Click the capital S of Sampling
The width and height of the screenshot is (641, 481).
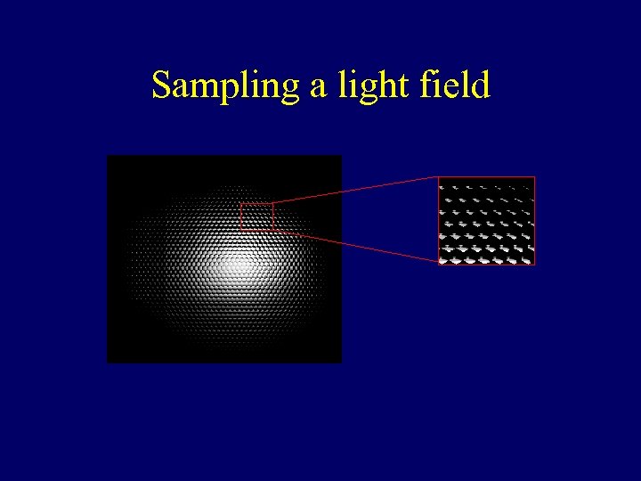(x=161, y=86)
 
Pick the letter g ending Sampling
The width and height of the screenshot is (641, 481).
(x=291, y=91)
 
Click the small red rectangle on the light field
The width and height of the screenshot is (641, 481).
(x=256, y=216)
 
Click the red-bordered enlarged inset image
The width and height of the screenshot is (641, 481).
(x=486, y=221)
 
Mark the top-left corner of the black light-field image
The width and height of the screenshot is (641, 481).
(x=108, y=156)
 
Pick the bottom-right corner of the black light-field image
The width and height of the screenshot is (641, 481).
(x=341, y=362)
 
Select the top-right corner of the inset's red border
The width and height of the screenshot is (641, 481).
(x=534, y=177)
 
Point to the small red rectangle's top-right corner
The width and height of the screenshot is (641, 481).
(x=273, y=203)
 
